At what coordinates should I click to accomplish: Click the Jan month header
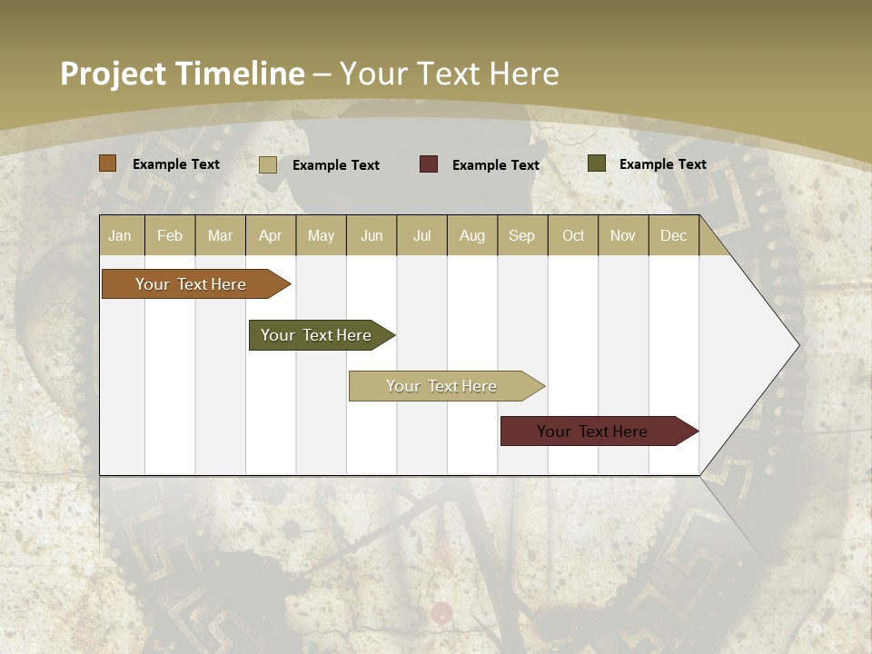pyautogui.click(x=120, y=236)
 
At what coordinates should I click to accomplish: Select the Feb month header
pyautogui.click(x=170, y=236)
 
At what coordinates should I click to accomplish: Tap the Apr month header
pyautogui.click(x=270, y=236)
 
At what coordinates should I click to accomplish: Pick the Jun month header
pyautogui.click(x=372, y=236)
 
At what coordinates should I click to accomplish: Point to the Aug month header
pyautogui.click(x=471, y=236)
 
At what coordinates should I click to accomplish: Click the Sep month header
pyautogui.click(x=521, y=236)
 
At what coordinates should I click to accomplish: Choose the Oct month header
pyautogui.click(x=573, y=236)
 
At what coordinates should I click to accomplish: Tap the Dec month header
pyautogui.click(x=673, y=236)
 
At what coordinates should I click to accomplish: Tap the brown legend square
pyautogui.click(x=108, y=163)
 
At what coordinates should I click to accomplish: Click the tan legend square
pyautogui.click(x=268, y=164)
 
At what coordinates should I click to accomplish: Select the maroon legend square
pyautogui.click(x=429, y=164)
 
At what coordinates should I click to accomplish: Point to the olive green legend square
pyautogui.click(x=597, y=163)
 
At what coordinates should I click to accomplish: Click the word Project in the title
pyautogui.click(x=114, y=74)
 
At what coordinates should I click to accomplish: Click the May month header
pyautogui.click(x=321, y=236)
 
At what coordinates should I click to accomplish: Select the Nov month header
pyautogui.click(x=623, y=236)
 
